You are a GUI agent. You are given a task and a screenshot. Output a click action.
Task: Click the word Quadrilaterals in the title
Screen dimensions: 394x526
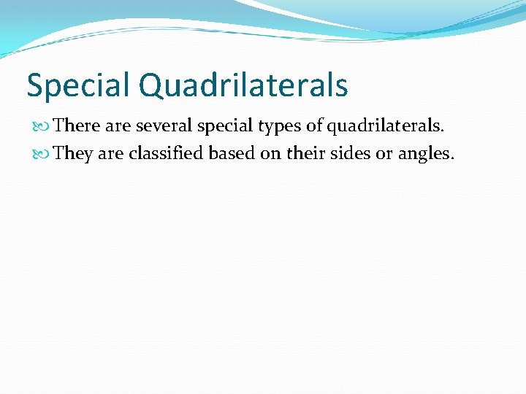(x=243, y=86)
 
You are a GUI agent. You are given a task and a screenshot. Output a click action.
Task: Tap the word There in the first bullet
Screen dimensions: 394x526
(x=77, y=125)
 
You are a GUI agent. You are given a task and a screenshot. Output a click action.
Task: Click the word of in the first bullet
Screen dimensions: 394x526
(x=314, y=125)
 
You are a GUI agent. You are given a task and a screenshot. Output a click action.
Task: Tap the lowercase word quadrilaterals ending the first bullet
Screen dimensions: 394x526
(x=385, y=126)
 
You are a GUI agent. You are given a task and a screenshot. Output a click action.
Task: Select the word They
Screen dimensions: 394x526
(x=73, y=154)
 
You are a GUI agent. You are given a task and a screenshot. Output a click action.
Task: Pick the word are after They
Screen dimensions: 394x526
(x=111, y=155)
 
